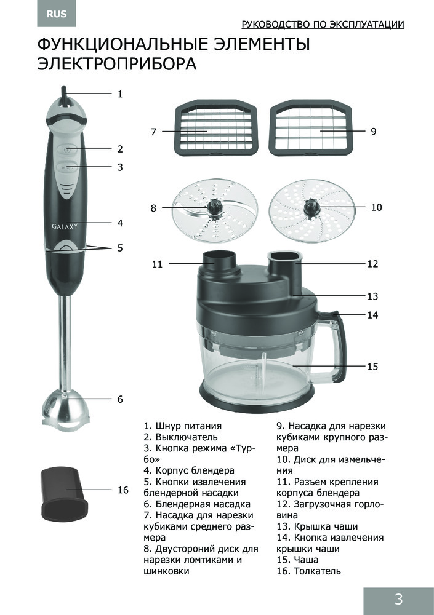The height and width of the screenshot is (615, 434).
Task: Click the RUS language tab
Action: tap(57, 14)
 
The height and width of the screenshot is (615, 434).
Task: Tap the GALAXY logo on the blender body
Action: tap(65, 226)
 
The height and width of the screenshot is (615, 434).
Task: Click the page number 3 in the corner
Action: tap(398, 599)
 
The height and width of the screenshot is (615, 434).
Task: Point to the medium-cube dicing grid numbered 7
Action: tap(215, 128)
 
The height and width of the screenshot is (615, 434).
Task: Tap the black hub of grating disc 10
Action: tap(311, 206)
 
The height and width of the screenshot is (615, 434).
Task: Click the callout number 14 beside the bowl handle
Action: tap(372, 314)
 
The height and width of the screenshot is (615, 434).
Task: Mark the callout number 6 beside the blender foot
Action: tap(120, 399)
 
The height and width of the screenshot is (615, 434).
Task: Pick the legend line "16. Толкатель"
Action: tap(308, 571)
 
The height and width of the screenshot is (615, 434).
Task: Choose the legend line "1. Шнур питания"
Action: tap(183, 426)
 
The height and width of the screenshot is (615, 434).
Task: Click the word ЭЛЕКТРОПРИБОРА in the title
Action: tap(116, 64)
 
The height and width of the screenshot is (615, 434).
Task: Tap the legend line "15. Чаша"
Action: tap(297, 560)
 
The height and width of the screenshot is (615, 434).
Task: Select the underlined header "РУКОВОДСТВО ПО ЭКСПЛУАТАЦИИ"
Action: tap(323, 25)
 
